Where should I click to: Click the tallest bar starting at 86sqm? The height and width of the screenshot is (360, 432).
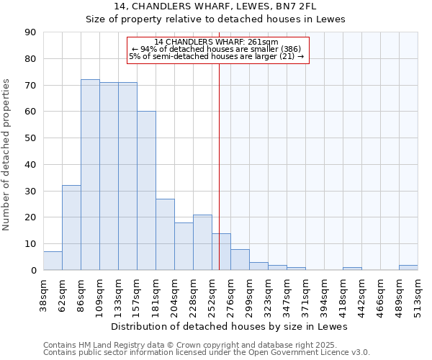click(x=90, y=175)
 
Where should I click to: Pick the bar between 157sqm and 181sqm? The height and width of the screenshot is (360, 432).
click(x=146, y=191)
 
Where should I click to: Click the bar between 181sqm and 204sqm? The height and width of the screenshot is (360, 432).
click(x=165, y=234)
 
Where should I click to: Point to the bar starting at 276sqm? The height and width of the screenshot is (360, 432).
click(x=240, y=260)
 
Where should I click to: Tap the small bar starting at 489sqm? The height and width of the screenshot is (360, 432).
click(x=408, y=267)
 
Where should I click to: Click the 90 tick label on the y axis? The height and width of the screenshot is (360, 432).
click(x=31, y=32)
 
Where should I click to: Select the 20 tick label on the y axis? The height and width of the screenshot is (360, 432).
click(x=31, y=217)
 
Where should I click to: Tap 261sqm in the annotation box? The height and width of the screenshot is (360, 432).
click(x=264, y=42)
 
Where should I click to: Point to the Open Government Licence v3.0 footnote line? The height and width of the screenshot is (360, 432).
click(x=207, y=353)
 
